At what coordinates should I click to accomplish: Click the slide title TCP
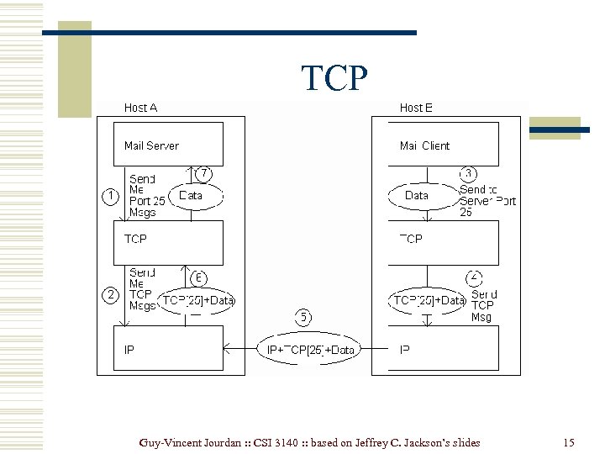[x=334, y=78]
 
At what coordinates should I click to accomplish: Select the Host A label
[x=140, y=108]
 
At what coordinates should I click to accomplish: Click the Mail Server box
[x=168, y=145]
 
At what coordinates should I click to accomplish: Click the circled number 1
[x=109, y=196]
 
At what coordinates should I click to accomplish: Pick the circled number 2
[x=109, y=294]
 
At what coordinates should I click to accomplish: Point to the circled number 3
[x=469, y=173]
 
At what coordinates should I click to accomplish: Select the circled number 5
[x=303, y=317]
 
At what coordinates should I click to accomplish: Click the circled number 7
[x=203, y=173]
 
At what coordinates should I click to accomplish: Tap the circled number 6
[x=199, y=277]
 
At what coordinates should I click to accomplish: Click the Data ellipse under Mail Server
[x=192, y=196]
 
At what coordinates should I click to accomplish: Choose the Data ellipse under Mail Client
[x=417, y=196]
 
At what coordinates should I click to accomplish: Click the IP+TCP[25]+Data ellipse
[x=310, y=350]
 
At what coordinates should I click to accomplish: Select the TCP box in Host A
[x=168, y=241]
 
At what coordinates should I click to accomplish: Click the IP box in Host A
[x=168, y=348]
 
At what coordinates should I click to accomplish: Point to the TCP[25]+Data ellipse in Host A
[x=197, y=300]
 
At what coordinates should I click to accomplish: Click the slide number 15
[x=569, y=442]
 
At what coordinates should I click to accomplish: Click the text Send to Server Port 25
[x=487, y=201]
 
